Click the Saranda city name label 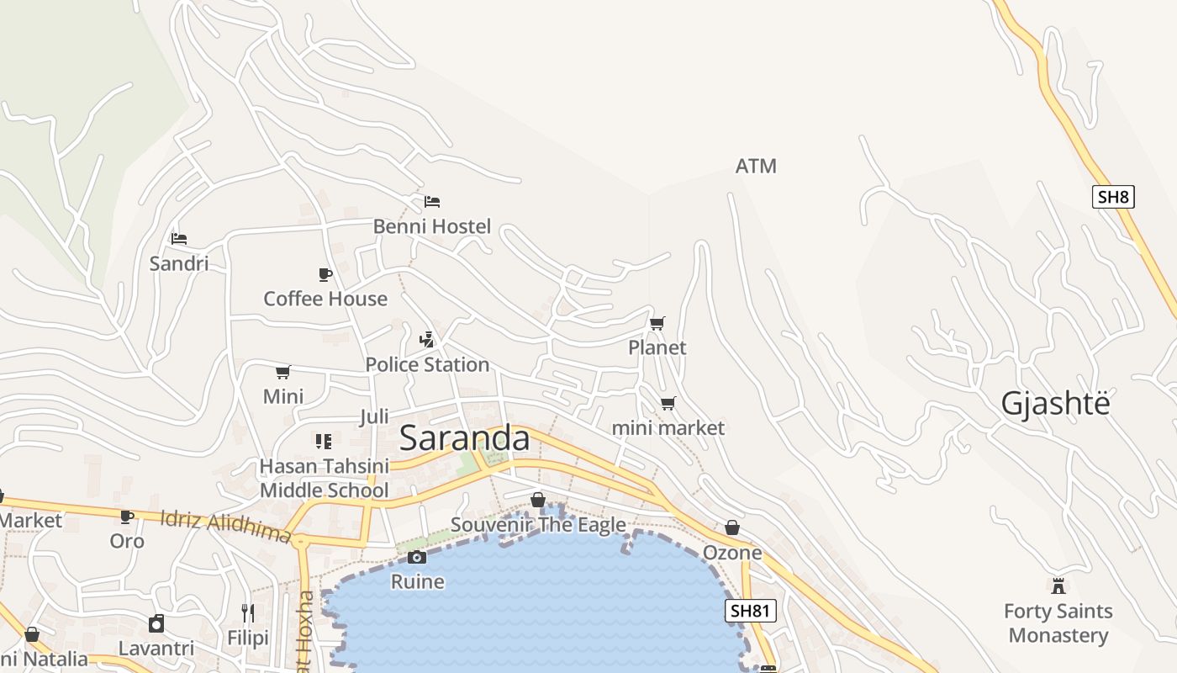(x=464, y=438)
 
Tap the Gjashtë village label (x=1055, y=404)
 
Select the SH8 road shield (x=1113, y=197)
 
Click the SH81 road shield (x=750, y=612)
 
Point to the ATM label (x=756, y=167)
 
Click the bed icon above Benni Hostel (x=432, y=202)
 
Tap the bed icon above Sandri (x=178, y=239)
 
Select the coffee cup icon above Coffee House (x=325, y=274)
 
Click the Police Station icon (x=427, y=340)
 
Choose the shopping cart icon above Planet (x=657, y=323)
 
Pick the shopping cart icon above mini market (x=668, y=404)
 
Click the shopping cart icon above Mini (x=283, y=372)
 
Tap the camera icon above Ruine (x=417, y=557)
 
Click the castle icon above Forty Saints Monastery (x=1058, y=586)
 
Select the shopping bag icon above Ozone (x=732, y=528)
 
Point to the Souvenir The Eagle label (x=538, y=525)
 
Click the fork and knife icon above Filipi (x=248, y=612)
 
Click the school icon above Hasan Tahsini (x=324, y=441)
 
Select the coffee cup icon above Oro (x=127, y=517)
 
